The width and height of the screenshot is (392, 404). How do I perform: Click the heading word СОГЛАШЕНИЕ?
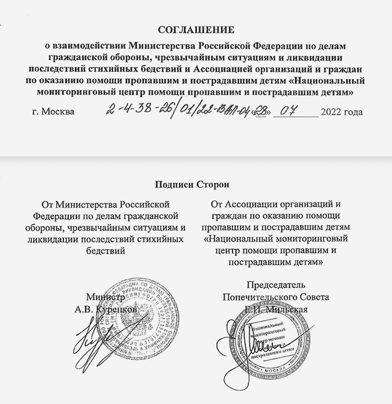[x=196, y=30]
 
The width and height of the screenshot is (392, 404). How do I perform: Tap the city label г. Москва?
[x=53, y=112]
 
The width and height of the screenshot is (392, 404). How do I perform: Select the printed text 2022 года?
[x=341, y=112]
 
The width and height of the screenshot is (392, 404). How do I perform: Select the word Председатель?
[x=276, y=284]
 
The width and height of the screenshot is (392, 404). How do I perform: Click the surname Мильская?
[x=290, y=309]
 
